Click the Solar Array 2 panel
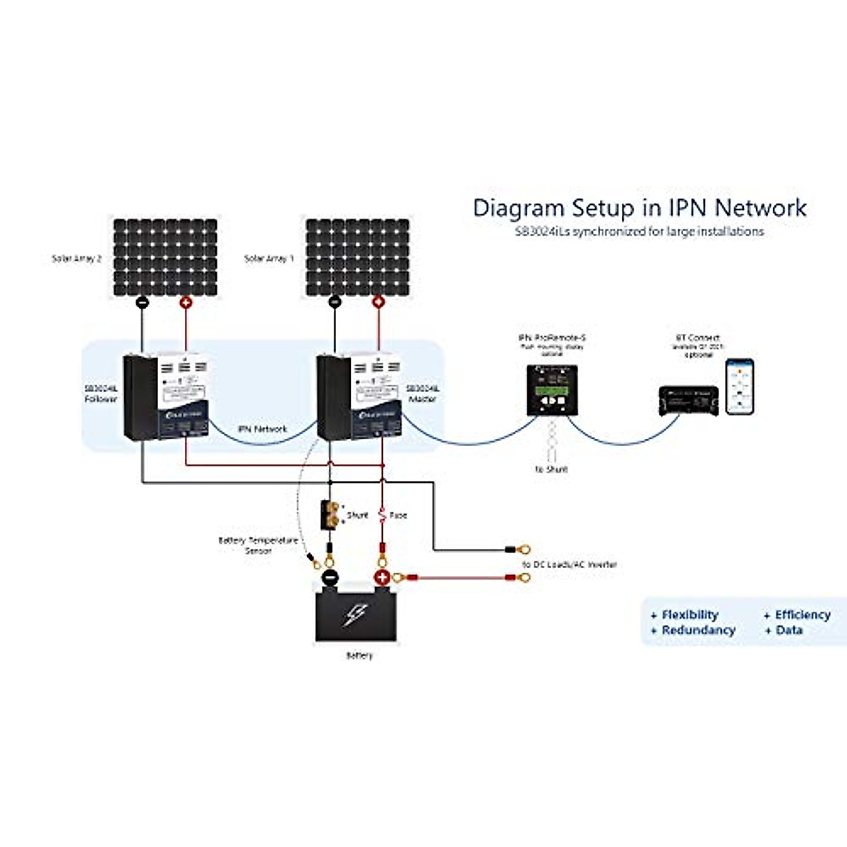coord(165,257)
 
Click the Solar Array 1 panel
coord(357,257)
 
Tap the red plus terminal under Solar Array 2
coord(186,303)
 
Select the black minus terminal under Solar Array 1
coord(335,303)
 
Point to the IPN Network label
coord(263,428)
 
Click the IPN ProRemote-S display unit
coord(552,390)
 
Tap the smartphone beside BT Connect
coord(740,387)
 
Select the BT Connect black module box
coord(688,400)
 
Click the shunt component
coord(329,514)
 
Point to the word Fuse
coord(398,515)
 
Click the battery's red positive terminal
coord(382,577)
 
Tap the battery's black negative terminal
coord(330,577)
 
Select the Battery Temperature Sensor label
coord(258,545)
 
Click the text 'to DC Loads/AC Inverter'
coord(569,565)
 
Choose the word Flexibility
coord(690,615)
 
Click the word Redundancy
coord(698,630)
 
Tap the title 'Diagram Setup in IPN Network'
coord(639,208)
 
